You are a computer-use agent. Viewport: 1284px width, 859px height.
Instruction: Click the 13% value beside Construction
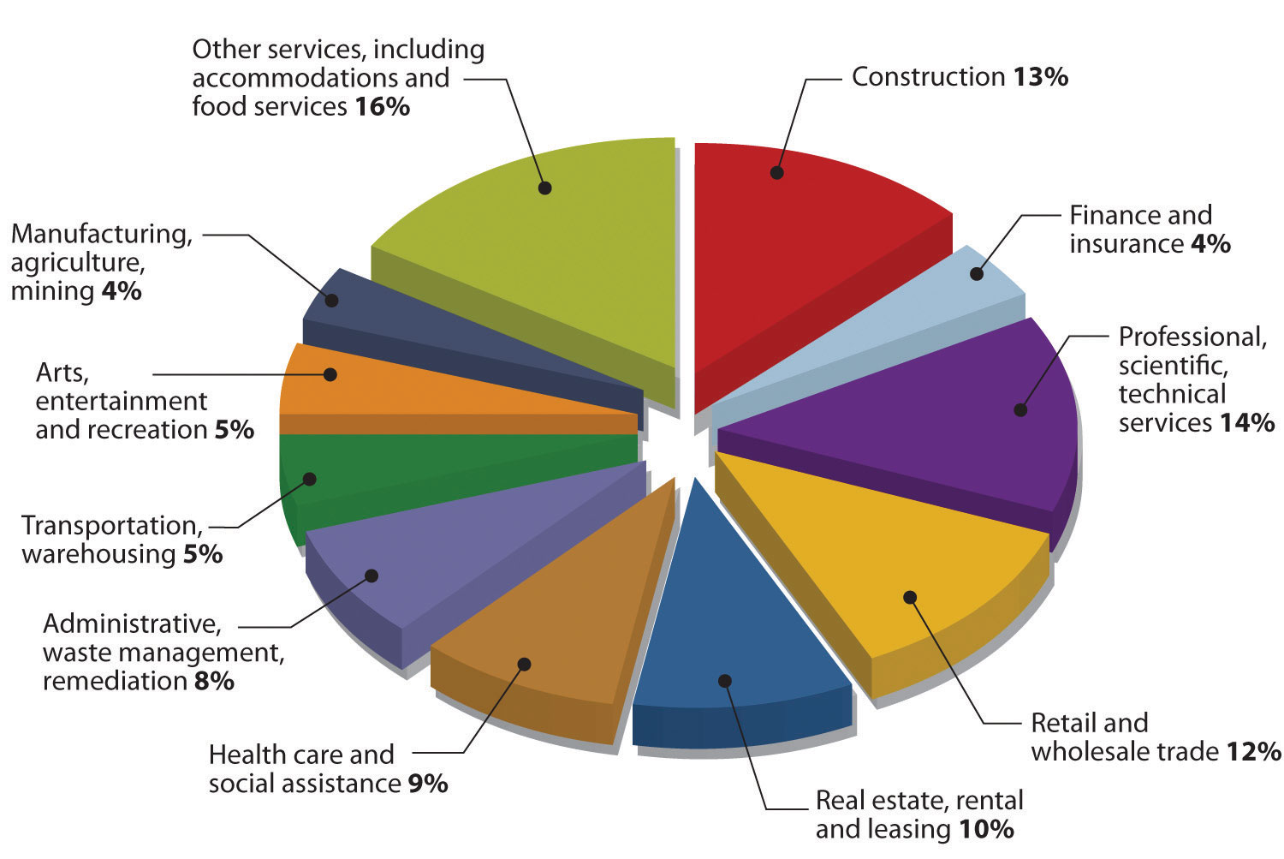click(1041, 77)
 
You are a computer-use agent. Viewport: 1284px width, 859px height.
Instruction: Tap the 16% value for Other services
click(382, 107)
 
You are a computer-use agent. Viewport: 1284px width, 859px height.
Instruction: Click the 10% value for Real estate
click(986, 829)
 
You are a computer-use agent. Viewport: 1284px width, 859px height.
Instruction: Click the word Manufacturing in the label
click(101, 234)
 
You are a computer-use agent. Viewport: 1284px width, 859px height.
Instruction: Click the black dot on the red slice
click(776, 172)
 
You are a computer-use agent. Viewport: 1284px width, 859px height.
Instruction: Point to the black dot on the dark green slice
click(311, 479)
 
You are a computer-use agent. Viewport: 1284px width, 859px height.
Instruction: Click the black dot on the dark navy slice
click(332, 301)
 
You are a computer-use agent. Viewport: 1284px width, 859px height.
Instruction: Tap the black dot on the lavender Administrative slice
click(372, 576)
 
